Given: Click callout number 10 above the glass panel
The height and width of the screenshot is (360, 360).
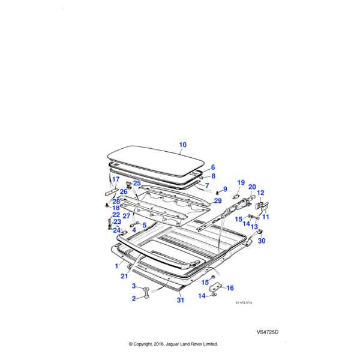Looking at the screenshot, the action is pyautogui.click(x=183, y=145).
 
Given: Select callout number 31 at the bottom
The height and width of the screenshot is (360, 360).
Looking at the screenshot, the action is pyautogui.click(x=181, y=300).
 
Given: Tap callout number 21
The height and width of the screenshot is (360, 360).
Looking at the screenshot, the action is pyautogui.click(x=124, y=276).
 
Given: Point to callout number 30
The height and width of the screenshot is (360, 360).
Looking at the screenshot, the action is pyautogui.click(x=262, y=241).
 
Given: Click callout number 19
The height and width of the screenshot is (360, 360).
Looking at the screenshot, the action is pyautogui.click(x=241, y=183).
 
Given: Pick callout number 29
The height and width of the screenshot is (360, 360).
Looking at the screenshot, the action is pyautogui.click(x=218, y=201).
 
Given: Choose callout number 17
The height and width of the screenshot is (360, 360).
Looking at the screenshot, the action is pyautogui.click(x=116, y=179).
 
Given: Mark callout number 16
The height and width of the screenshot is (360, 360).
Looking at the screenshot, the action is pyautogui.click(x=230, y=288).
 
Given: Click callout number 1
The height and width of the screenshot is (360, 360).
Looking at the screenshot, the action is pyautogui.click(x=116, y=266).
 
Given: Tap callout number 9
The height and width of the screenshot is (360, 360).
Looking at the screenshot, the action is pyautogui.click(x=225, y=189).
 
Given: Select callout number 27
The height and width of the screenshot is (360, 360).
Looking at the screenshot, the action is pyautogui.click(x=127, y=216).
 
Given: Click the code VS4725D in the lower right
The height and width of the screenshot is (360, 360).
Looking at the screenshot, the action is pyautogui.click(x=268, y=332).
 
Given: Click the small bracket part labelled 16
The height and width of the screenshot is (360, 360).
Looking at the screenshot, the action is pyautogui.click(x=216, y=287).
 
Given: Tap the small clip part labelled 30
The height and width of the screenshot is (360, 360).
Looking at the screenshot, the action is pyautogui.click(x=260, y=232).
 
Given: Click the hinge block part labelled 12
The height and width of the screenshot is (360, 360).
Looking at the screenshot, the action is pyautogui.click(x=259, y=205).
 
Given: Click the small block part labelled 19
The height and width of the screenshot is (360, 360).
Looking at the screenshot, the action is pyautogui.click(x=236, y=196).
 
